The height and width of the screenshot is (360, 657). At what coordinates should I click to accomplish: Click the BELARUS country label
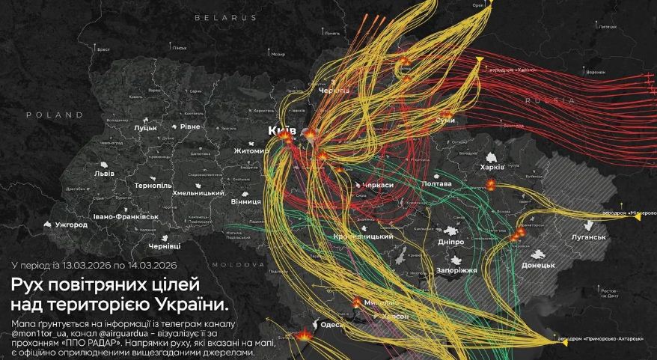pyautogui.click(x=225, y=16)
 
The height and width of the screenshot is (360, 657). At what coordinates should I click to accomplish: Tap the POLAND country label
pyautogui.click(x=54, y=115)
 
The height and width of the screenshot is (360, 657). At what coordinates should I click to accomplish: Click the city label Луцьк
pyautogui.click(x=145, y=128)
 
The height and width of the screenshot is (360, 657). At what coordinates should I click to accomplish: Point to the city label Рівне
pyautogui.click(x=189, y=127)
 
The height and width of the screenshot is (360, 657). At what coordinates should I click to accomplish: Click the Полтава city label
pyautogui.click(x=437, y=183)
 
